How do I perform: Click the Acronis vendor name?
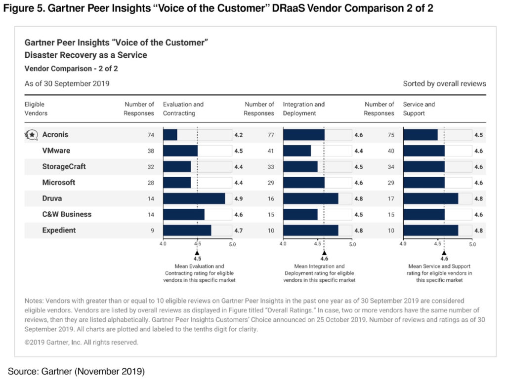coord(55,135)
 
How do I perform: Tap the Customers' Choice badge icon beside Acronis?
coord(31,135)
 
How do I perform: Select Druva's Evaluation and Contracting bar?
coord(194,198)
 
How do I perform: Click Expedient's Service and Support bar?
coord(430,230)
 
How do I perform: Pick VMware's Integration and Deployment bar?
coord(297,151)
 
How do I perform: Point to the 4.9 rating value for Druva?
coord(238,198)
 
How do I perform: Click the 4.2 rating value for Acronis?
coord(238,135)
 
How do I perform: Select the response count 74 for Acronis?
coord(151,135)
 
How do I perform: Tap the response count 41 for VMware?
coord(270,151)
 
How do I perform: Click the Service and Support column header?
coord(419,109)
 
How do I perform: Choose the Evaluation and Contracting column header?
coord(183,109)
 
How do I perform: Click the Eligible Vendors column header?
coord(36,109)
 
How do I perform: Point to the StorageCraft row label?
coord(64,167)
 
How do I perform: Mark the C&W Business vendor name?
coord(67,215)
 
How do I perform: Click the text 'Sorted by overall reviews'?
coord(444,84)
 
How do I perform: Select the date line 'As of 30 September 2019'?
coord(67,84)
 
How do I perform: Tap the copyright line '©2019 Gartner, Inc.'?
coord(82,342)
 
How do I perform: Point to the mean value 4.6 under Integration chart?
coord(324,258)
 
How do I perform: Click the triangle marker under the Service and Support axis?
coord(444,252)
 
